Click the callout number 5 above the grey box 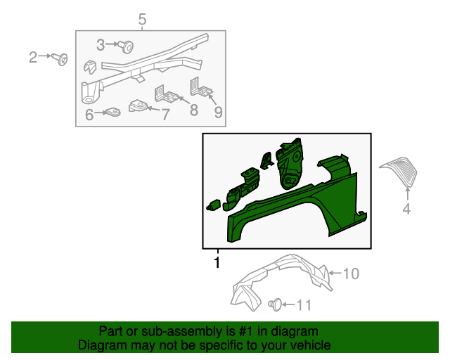pos(142,20)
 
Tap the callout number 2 pos(33,58)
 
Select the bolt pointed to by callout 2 pos(60,59)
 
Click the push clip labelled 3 pos(126,46)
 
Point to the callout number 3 pos(101,45)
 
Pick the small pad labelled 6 pos(112,112)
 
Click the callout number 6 pos(89,115)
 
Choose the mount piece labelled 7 pos(139,105)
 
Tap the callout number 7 pos(166,115)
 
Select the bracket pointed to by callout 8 pos(167,94)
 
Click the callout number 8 pos(194,110)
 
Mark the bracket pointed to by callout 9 pos(201,87)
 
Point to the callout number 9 pos(219,112)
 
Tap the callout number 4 pos(406,209)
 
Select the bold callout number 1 pos(217,263)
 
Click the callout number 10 pos(351,274)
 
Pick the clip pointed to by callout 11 pos(275,304)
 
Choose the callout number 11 pos(304,305)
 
